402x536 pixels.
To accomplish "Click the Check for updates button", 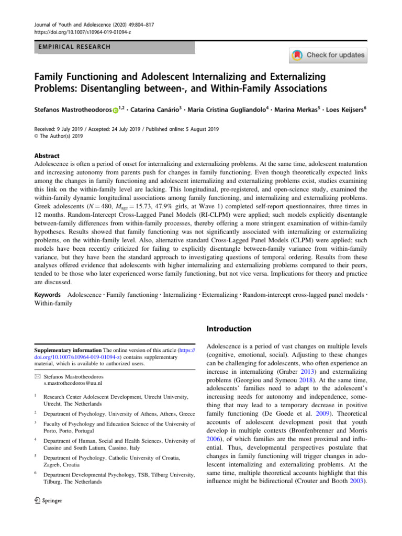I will pyautogui.click(x=328, y=55).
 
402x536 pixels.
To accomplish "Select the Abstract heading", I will pyautogui.click(x=47, y=156).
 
